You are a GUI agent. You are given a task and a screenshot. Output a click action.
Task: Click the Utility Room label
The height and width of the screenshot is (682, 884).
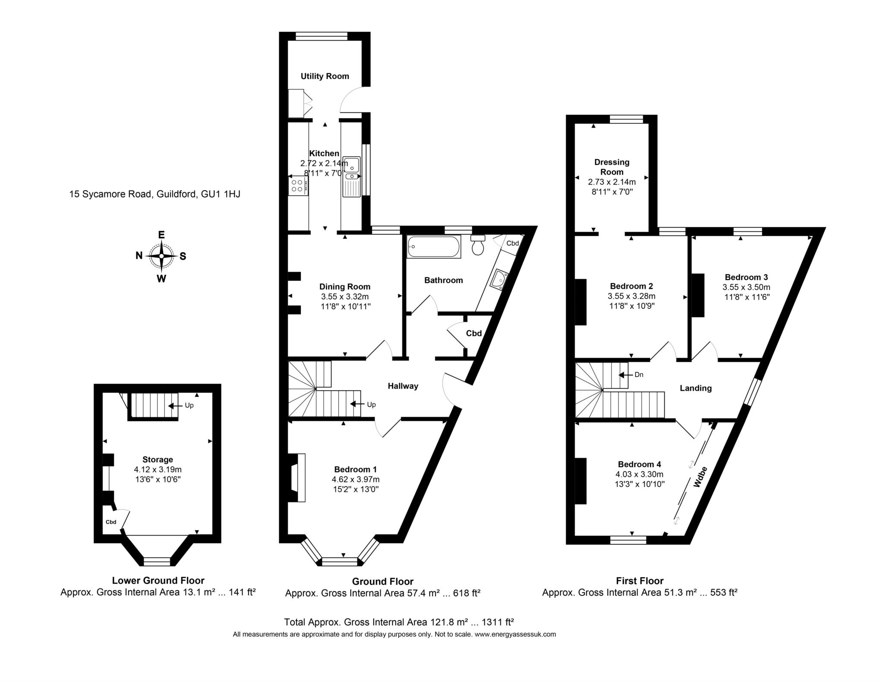click(x=325, y=76)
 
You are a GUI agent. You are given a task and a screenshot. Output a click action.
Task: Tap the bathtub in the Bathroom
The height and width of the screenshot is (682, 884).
click(x=433, y=247)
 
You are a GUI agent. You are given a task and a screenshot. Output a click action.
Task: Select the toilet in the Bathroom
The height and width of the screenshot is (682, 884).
click(x=478, y=246)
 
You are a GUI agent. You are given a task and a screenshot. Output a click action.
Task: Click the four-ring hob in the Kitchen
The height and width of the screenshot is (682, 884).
click(x=297, y=186)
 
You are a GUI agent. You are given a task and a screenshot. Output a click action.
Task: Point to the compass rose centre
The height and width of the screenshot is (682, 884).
click(x=161, y=256)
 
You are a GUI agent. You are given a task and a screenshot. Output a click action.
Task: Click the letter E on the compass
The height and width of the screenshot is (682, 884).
click(x=161, y=235)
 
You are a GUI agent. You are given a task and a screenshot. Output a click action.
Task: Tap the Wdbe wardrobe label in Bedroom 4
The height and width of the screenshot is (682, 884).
click(x=701, y=477)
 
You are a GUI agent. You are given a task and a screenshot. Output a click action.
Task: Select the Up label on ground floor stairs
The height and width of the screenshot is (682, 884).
click(x=371, y=405)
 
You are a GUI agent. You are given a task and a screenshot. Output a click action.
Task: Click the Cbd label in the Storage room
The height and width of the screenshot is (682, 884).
click(x=111, y=522)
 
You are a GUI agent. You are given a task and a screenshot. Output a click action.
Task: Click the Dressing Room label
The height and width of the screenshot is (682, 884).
click(x=612, y=167)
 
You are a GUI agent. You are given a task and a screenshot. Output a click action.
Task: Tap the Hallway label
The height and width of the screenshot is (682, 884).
click(x=403, y=386)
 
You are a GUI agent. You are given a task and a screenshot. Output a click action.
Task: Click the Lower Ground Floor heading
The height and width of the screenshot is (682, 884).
click(x=158, y=581)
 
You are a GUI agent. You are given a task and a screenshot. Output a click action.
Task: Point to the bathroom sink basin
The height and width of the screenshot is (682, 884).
click(x=500, y=278)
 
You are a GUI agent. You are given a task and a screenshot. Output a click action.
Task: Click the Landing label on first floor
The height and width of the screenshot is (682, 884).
click(x=695, y=388)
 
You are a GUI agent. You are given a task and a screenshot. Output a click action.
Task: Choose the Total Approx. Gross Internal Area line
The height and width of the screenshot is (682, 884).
click(x=398, y=622)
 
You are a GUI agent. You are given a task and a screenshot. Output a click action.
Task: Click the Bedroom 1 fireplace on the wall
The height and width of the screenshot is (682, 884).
click(x=297, y=477)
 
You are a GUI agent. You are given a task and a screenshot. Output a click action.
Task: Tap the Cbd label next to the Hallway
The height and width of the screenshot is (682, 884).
click(x=474, y=334)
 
